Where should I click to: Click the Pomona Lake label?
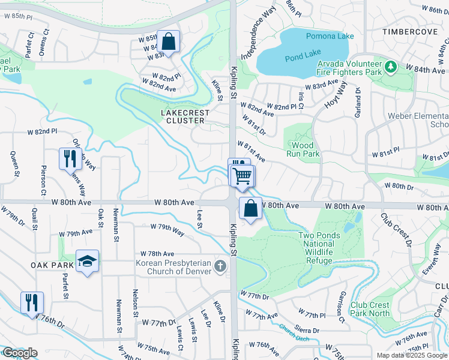point(330,36)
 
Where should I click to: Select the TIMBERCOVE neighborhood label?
point(410,31)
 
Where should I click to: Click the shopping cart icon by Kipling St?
point(243,176)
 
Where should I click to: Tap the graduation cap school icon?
point(88,261)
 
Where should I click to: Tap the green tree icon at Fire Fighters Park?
point(391,65)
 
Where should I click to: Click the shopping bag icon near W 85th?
point(169,41)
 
